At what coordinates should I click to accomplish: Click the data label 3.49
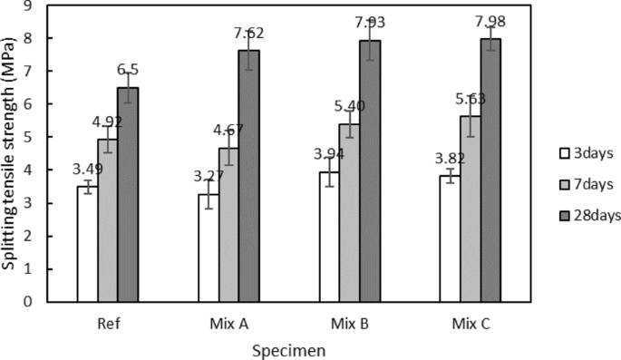click(87, 170)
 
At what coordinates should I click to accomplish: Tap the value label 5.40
click(350, 106)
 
